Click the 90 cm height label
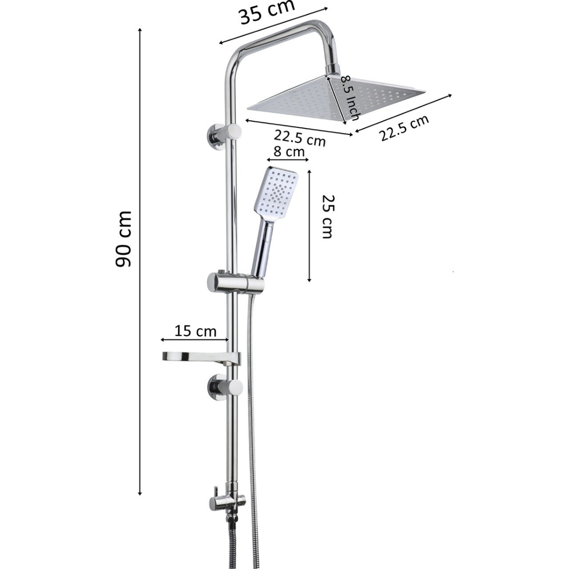coord(123,239)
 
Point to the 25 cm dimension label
coord(327,216)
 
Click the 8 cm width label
coord(289,152)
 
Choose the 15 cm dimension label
coord(195,331)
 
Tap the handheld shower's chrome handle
coord(262,248)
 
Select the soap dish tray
coord(201,358)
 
